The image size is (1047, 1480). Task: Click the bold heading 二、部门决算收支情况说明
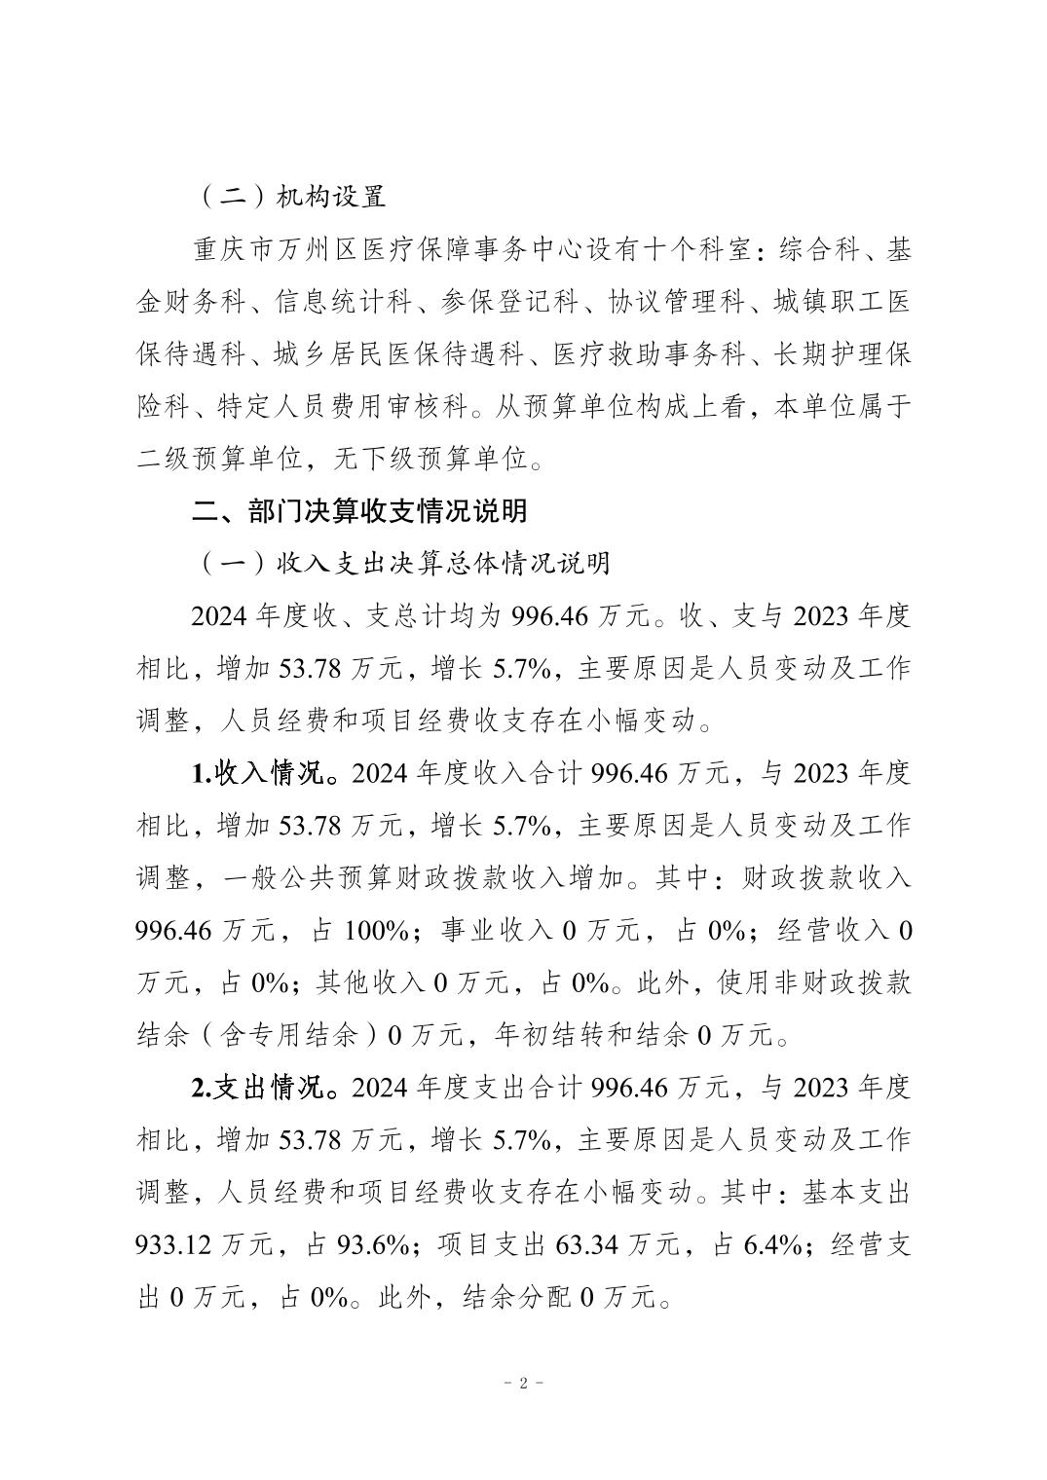tap(359, 510)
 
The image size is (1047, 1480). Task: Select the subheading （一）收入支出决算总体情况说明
tap(401, 563)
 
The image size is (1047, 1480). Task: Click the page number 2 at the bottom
tap(523, 1384)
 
